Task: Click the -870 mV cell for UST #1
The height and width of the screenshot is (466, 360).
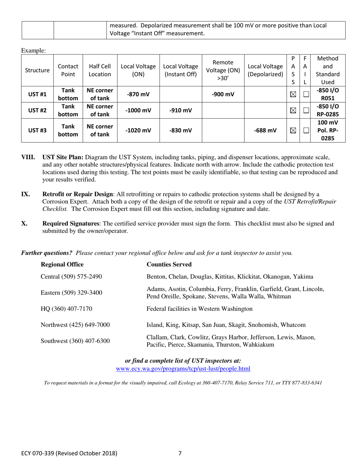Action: pyautogui.click(x=138, y=94)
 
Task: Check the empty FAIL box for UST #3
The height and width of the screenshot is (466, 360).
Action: pyautogui.click(x=305, y=130)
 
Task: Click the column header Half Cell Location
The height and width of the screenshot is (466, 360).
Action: pyautogui.click(x=100, y=70)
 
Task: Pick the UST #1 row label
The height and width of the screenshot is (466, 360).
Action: pyautogui.click(x=37, y=94)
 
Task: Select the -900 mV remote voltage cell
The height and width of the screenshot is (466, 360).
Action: pyautogui.click(x=223, y=94)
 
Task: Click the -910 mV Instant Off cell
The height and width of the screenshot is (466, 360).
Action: pyautogui.click(x=180, y=110)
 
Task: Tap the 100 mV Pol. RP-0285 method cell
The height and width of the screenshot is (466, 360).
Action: pyautogui.click(x=327, y=130)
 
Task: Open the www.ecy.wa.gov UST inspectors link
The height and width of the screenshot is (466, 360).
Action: pyautogui.click(x=183, y=369)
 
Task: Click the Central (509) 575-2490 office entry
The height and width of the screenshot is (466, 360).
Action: pyautogui.click(x=71, y=277)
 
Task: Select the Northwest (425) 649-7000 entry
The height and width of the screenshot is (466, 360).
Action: pyautogui.click(x=75, y=325)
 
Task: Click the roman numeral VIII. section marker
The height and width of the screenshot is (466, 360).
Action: pyautogui.click(x=28, y=157)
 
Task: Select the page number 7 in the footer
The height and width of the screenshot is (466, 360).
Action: pyautogui.click(x=180, y=453)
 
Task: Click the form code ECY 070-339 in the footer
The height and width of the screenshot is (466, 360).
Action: pyautogui.click(x=38, y=453)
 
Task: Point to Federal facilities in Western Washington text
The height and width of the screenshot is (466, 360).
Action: pyautogui.click(x=199, y=309)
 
